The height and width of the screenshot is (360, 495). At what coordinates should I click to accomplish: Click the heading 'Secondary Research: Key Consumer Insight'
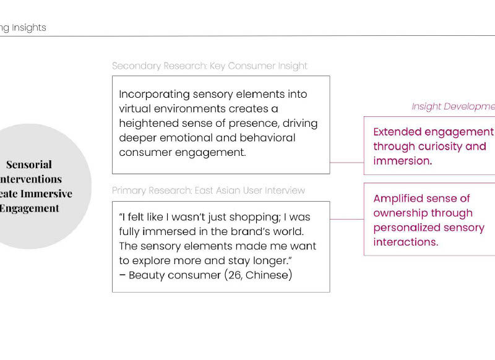(x=210, y=66)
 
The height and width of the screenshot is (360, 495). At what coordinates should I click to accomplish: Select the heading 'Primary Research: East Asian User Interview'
(x=209, y=191)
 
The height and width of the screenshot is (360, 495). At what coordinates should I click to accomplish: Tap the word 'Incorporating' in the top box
(x=153, y=95)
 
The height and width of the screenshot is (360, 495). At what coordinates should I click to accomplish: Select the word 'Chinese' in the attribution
(x=269, y=275)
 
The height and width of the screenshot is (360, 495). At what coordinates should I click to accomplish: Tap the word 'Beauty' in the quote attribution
(x=147, y=275)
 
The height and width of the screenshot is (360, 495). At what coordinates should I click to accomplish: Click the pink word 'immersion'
(x=400, y=161)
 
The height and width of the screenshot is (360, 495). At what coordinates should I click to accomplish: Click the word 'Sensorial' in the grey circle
(x=29, y=165)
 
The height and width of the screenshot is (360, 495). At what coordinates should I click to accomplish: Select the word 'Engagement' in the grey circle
(x=29, y=208)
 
